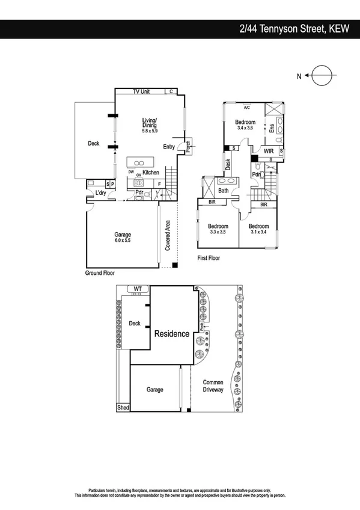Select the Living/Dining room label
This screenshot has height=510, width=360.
[150, 123]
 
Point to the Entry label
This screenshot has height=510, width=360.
[169, 147]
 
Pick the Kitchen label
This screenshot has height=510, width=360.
[151, 173]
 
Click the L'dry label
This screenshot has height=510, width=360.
[101, 193]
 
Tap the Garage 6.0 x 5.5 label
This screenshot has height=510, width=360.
[123, 237]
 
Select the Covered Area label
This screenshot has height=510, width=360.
[169, 235]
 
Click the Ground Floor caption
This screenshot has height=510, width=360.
[100, 273]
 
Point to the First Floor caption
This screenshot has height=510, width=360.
[209, 258]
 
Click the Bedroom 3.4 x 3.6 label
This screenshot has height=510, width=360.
[246, 124]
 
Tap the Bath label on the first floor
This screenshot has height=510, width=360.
[224, 191]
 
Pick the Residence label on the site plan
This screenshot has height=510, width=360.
[172, 334]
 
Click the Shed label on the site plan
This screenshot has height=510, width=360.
[123, 408]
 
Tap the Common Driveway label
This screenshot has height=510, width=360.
[213, 386]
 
